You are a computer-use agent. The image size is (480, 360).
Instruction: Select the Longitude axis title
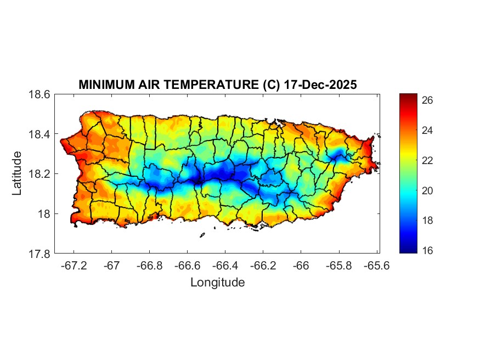217,283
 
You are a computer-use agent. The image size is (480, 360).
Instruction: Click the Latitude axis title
17,173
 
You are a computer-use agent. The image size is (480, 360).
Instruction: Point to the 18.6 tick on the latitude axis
39,94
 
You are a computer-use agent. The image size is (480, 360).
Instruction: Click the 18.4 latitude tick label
39,134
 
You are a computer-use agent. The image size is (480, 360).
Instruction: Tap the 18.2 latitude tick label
39,174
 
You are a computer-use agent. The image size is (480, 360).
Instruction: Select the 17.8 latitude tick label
39,254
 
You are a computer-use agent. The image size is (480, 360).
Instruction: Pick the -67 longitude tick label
112,266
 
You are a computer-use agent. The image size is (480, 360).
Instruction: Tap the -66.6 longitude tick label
187,266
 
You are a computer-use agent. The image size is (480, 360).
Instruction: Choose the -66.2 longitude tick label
263,266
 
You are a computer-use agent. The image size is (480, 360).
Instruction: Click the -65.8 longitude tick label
338,266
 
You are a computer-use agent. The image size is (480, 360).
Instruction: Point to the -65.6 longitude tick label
376,266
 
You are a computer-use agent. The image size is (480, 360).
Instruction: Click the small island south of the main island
202,235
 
